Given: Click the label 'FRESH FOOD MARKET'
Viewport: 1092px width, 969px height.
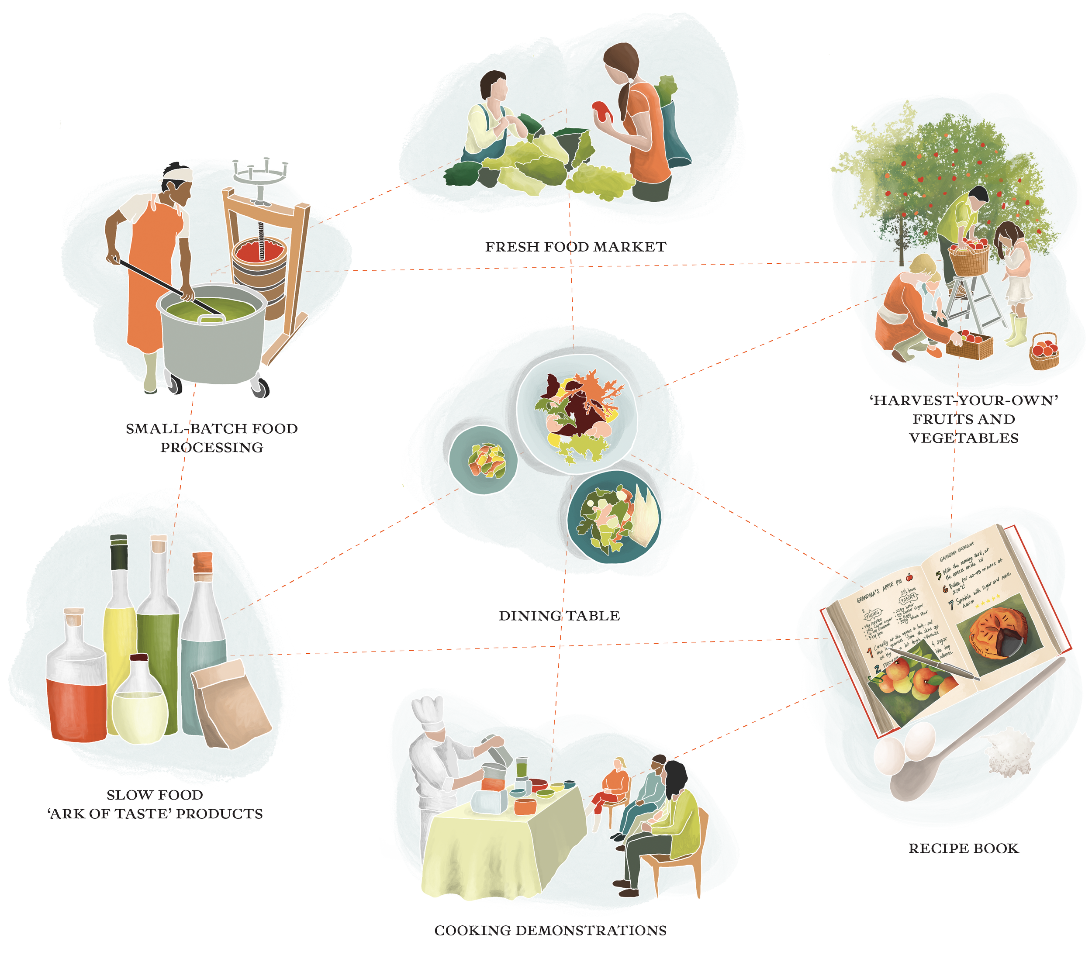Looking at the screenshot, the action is click(x=575, y=247).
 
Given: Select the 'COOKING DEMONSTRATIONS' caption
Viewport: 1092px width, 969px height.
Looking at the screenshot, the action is click(x=550, y=931).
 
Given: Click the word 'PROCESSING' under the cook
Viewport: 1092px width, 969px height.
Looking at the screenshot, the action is click(x=211, y=447).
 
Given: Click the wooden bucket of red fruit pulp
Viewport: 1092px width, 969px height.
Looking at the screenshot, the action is click(x=259, y=270).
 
